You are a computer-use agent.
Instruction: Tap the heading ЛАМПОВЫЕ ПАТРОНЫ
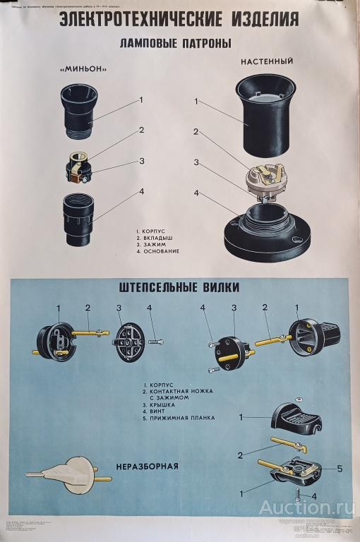coord(177,44)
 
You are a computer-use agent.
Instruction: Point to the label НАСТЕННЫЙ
coord(266,61)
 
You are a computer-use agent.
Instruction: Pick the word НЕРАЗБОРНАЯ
coord(148,466)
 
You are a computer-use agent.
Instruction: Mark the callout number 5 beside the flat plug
coord(340,467)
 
